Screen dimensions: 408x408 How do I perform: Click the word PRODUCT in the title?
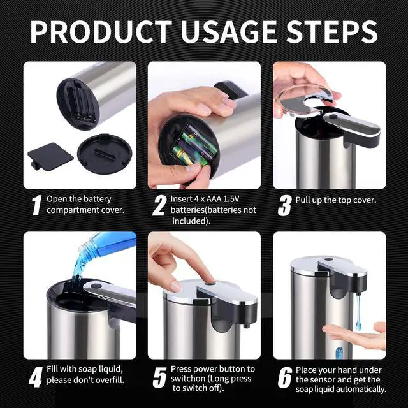pos(101,32)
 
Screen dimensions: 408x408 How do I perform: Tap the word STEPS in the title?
pos(331,32)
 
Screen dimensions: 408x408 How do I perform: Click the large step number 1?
pos(37,205)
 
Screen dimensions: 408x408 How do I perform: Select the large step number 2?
pos(160,205)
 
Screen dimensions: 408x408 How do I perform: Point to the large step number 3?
pos(285,205)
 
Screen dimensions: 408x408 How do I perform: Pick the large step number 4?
pos(36,377)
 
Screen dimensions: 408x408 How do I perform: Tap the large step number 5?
pos(160,377)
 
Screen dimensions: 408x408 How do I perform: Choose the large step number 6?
pos(285,377)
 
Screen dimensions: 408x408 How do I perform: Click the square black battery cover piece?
pos(50,156)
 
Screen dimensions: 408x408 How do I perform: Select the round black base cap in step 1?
pos(105,154)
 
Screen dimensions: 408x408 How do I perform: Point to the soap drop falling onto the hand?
pos(358,312)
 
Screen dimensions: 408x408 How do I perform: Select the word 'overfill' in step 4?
pos(109,380)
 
